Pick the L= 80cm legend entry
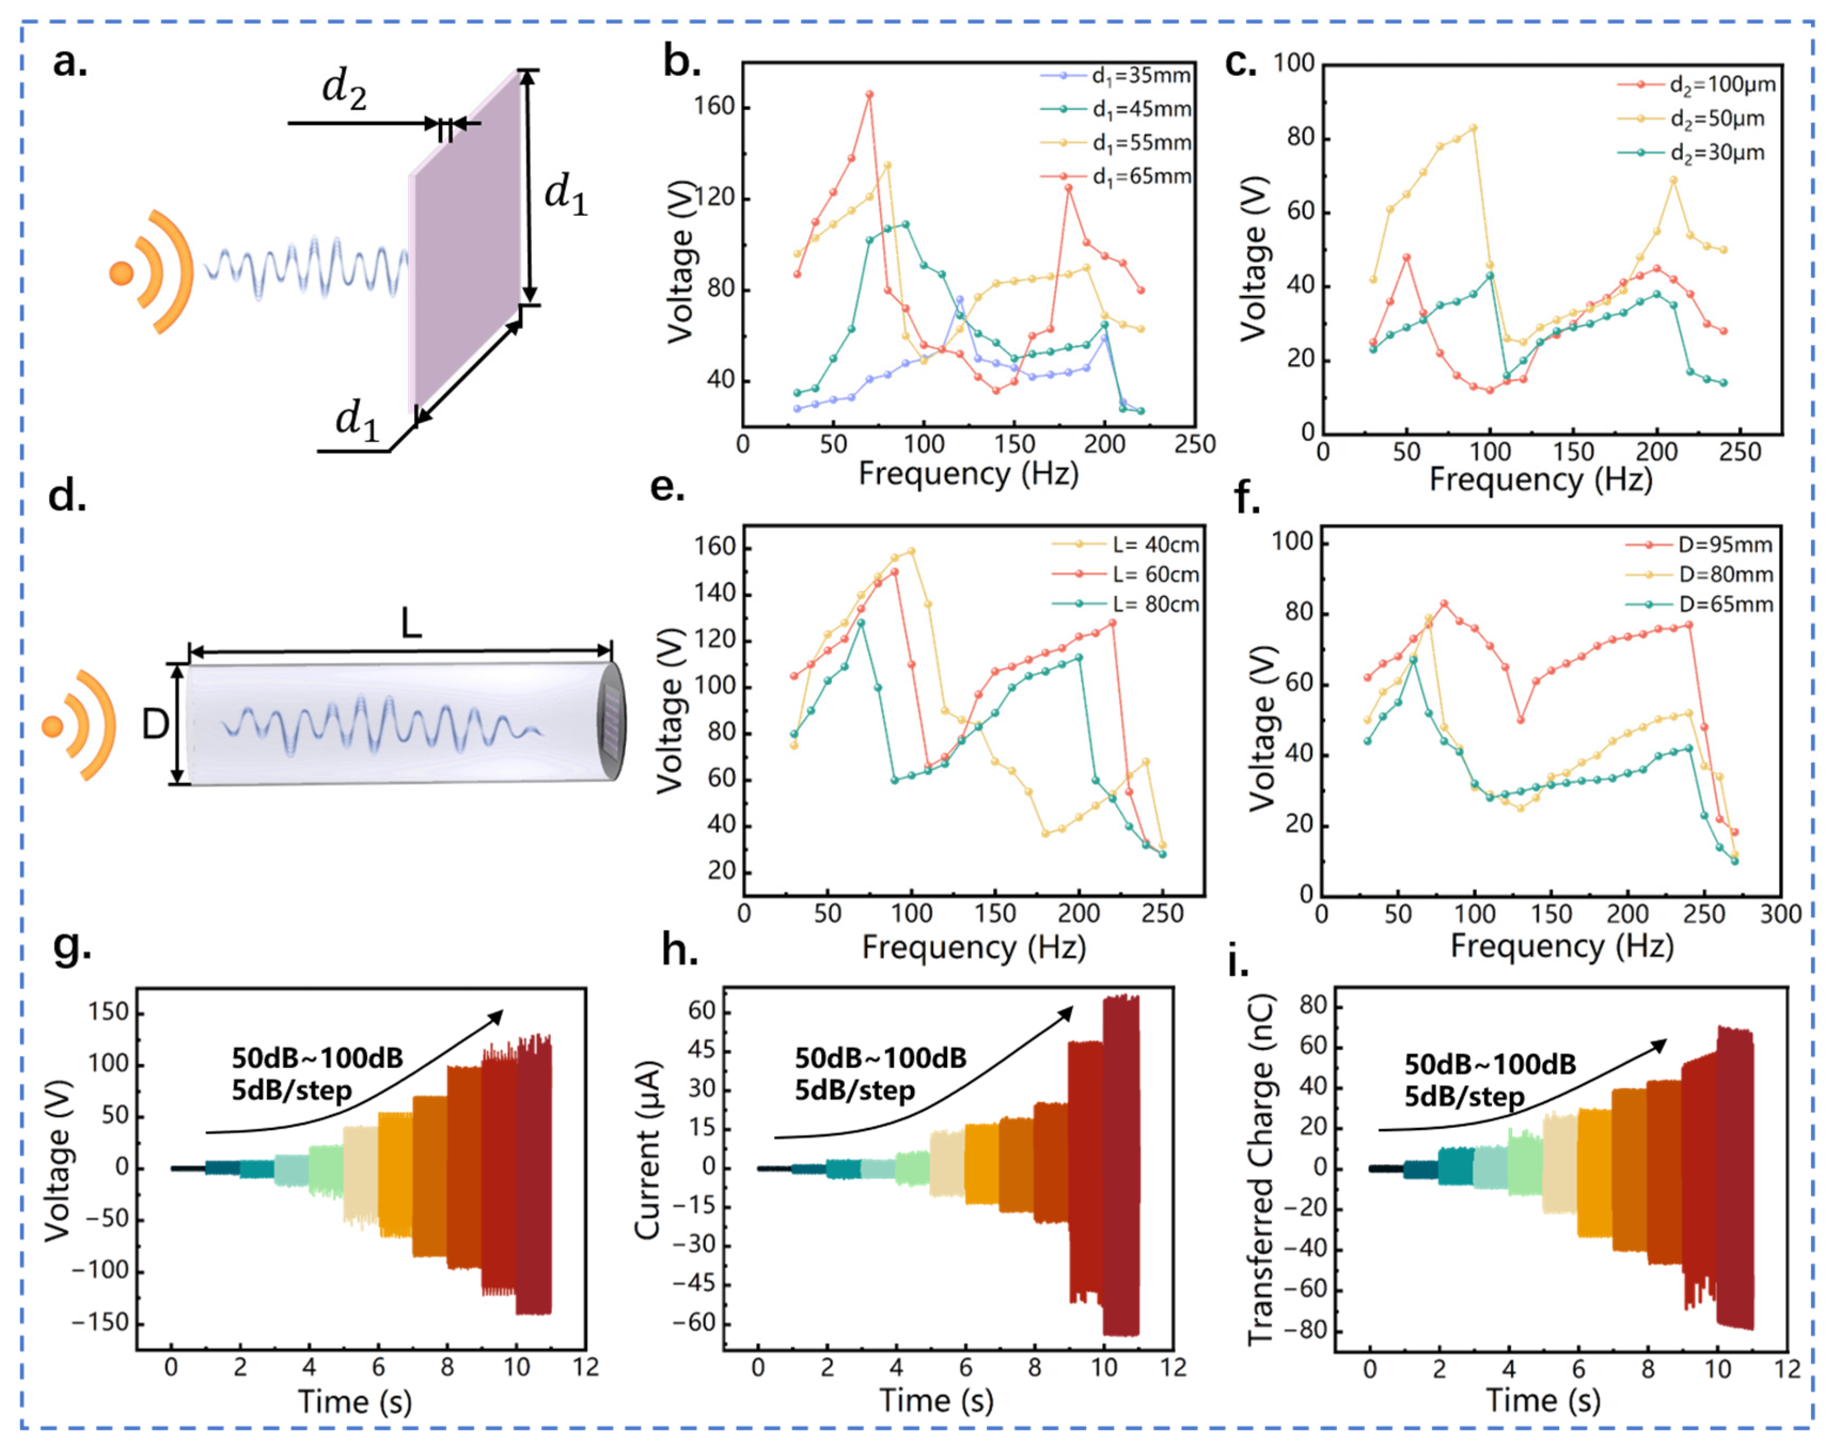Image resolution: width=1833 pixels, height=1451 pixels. tap(1126, 604)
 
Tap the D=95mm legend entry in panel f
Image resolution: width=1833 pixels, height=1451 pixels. tap(1699, 545)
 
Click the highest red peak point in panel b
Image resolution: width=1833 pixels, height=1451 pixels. tap(869, 95)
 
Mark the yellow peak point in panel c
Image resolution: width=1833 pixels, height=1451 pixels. tap(1473, 128)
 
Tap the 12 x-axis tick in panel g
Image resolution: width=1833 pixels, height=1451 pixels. tap(585, 1367)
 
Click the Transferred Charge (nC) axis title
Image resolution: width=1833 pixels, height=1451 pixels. tap(1261, 1170)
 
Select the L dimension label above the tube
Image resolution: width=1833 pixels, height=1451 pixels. tap(411, 625)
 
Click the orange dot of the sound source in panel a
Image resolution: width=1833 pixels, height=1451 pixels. tap(121, 273)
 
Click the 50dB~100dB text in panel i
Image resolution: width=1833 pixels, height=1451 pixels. tap(1490, 1064)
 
